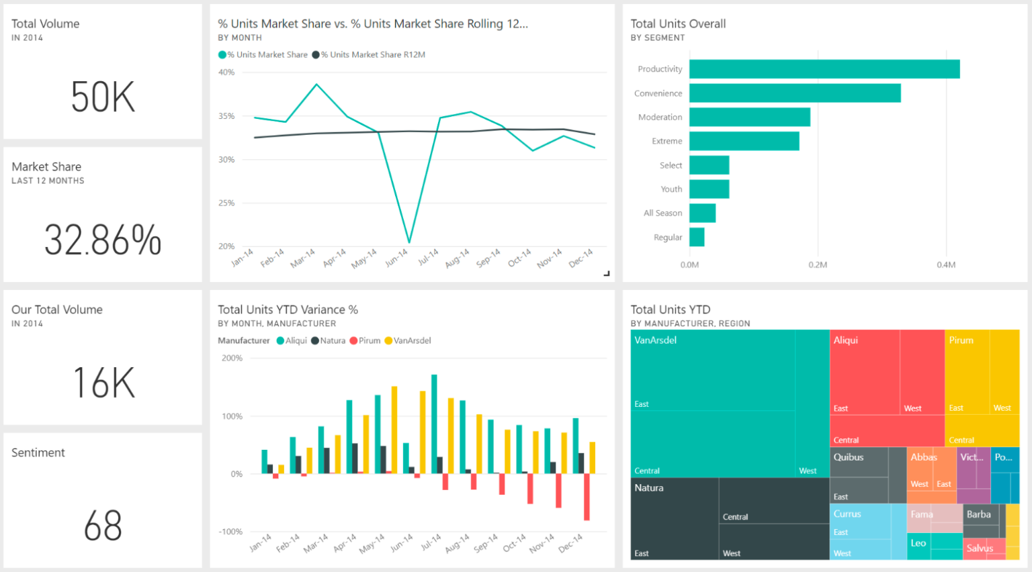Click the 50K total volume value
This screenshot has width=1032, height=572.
[103, 97]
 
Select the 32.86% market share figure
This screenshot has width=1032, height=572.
[103, 240]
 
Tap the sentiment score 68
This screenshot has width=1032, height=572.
[103, 526]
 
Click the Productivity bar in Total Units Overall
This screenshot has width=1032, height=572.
[824, 69]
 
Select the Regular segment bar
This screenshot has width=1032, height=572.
[697, 237]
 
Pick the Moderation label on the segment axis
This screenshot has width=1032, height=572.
[660, 117]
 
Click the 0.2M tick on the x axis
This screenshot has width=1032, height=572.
[818, 265]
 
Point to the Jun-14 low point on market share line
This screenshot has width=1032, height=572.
[408, 242]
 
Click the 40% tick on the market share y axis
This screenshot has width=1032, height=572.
[226, 73]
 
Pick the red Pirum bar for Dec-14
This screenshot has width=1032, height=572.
[587, 497]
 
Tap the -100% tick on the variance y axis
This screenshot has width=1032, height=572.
[230, 532]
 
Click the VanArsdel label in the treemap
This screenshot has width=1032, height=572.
[655, 340]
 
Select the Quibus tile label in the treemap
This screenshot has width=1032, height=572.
[848, 457]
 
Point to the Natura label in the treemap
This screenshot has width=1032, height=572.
[648, 488]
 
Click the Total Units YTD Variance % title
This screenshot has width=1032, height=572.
[288, 309]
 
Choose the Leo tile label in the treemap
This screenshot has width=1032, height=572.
[918, 543]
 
